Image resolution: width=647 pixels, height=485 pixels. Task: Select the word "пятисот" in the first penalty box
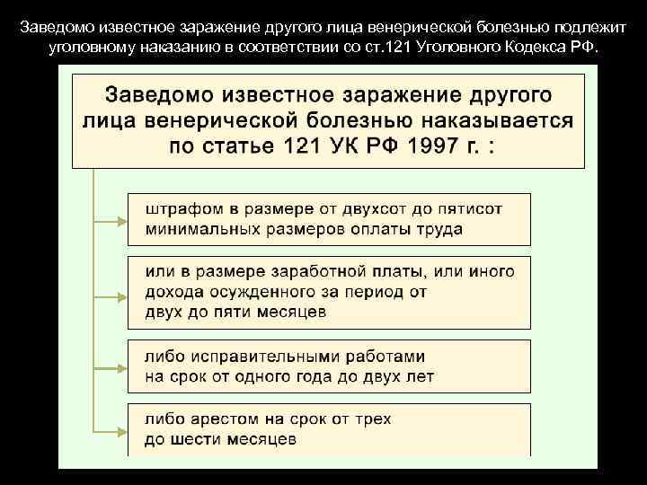pos(473,209)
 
